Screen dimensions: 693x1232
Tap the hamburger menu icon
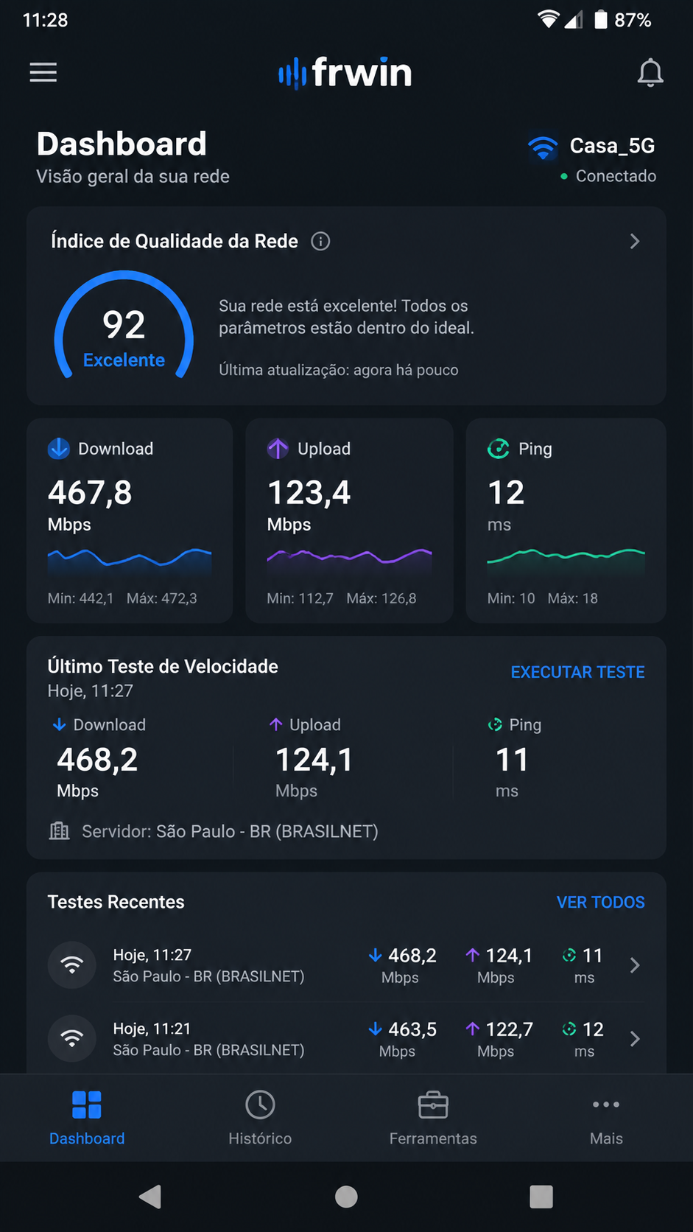point(43,72)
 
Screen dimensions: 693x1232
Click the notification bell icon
point(650,73)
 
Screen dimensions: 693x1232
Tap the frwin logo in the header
point(345,73)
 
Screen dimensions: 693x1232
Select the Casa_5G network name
point(612,146)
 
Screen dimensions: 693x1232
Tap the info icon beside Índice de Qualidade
point(320,241)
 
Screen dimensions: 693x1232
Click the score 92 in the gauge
point(124,324)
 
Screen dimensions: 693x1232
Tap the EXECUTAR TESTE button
point(577,672)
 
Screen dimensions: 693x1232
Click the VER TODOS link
point(601,902)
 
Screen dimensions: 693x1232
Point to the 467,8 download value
point(90,492)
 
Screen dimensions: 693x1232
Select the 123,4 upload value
point(309,492)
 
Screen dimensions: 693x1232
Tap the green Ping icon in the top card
point(499,449)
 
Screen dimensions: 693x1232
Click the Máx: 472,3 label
point(161,598)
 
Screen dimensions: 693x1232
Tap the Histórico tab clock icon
point(260,1105)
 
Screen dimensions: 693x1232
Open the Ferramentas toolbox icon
point(433,1105)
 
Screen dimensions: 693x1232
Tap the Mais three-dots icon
point(606,1105)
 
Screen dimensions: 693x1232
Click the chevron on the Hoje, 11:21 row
point(635,1038)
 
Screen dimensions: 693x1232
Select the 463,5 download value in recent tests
point(412,1029)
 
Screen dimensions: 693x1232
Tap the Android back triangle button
point(150,1196)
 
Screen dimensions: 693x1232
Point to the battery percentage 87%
point(633,21)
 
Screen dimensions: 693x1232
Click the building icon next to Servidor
point(60,830)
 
